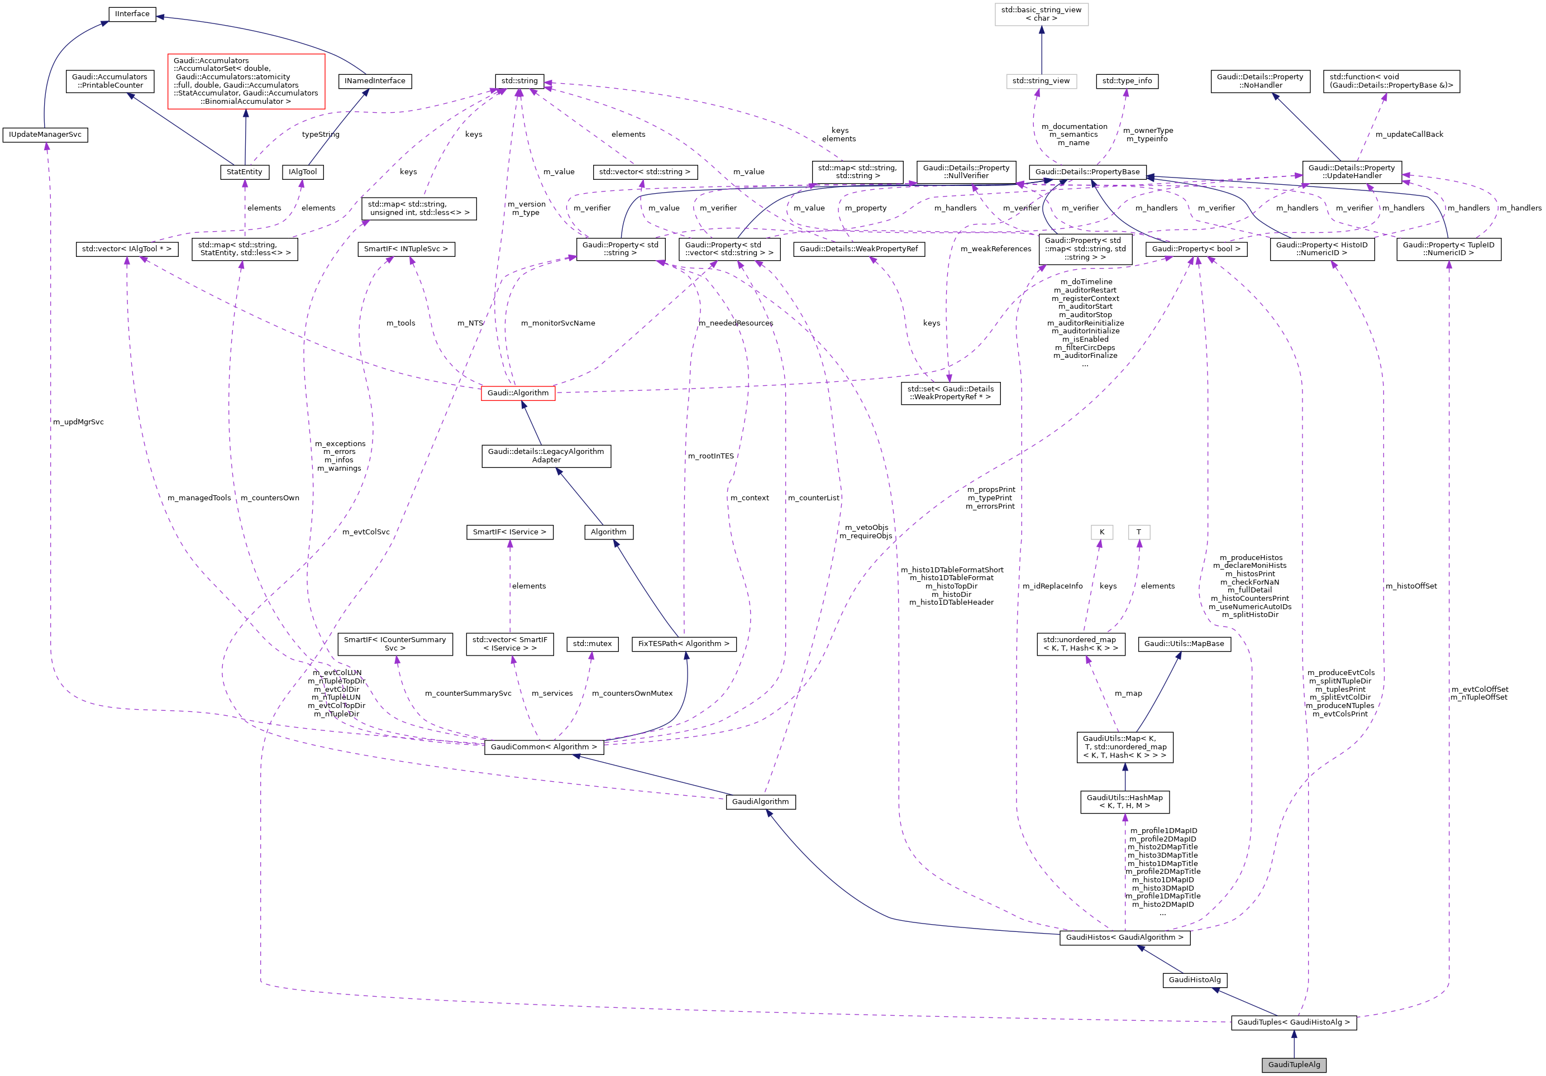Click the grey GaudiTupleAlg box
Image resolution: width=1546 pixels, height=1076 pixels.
click(x=1294, y=1064)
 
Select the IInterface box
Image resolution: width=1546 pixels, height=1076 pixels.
click(x=132, y=14)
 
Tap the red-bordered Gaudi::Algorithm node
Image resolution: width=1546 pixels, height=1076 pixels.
click(x=518, y=393)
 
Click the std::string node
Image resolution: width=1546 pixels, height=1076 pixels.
click(x=519, y=81)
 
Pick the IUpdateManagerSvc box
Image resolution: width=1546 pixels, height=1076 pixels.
click(x=45, y=135)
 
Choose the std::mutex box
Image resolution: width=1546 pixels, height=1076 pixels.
click(x=592, y=644)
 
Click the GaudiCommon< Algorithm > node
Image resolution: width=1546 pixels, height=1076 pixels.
click(x=543, y=747)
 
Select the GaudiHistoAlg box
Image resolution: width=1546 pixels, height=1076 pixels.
click(x=1195, y=980)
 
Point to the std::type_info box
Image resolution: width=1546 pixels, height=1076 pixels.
click(x=1127, y=81)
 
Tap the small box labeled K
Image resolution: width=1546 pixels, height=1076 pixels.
click(x=1101, y=532)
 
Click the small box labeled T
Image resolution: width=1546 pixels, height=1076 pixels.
click(x=1139, y=532)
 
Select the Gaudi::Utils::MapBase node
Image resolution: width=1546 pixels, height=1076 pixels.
click(x=1184, y=644)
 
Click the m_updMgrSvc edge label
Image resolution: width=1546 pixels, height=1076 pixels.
click(x=78, y=422)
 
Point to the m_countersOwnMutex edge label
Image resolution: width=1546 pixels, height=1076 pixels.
click(x=632, y=694)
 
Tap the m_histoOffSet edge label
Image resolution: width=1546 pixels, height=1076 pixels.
click(x=1411, y=586)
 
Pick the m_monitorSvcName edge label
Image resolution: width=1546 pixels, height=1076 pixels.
click(x=557, y=323)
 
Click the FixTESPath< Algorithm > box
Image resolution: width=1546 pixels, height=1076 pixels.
click(x=684, y=644)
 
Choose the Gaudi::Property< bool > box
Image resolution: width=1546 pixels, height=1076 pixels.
click(x=1196, y=249)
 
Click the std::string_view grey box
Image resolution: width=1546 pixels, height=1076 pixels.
click(x=1041, y=81)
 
